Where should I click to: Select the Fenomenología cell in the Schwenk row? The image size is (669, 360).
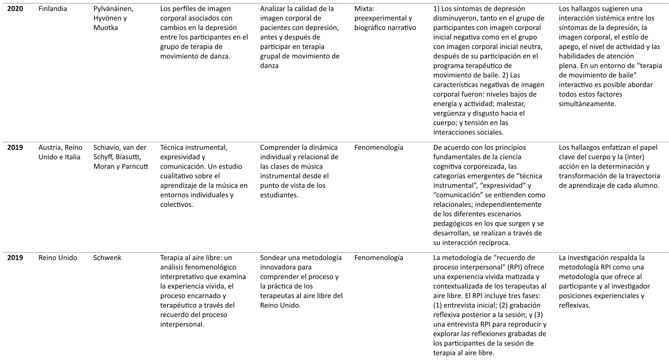coord(379,258)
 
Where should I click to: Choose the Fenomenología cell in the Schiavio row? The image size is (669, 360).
coord(379,147)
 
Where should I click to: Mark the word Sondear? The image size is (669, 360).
coord(274,258)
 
